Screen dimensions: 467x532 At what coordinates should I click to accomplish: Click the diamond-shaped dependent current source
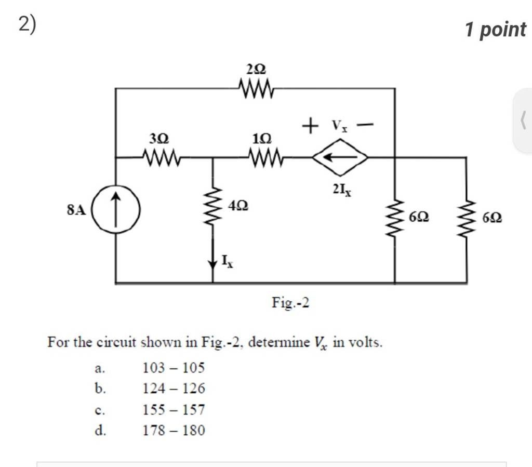click(340, 156)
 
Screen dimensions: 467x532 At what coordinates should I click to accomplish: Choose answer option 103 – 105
click(174, 368)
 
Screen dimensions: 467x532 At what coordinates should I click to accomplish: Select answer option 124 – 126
click(174, 389)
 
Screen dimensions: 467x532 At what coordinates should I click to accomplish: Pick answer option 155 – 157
click(174, 410)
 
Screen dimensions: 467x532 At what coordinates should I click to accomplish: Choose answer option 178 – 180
click(174, 430)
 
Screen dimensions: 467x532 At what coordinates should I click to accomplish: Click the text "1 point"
click(495, 30)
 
